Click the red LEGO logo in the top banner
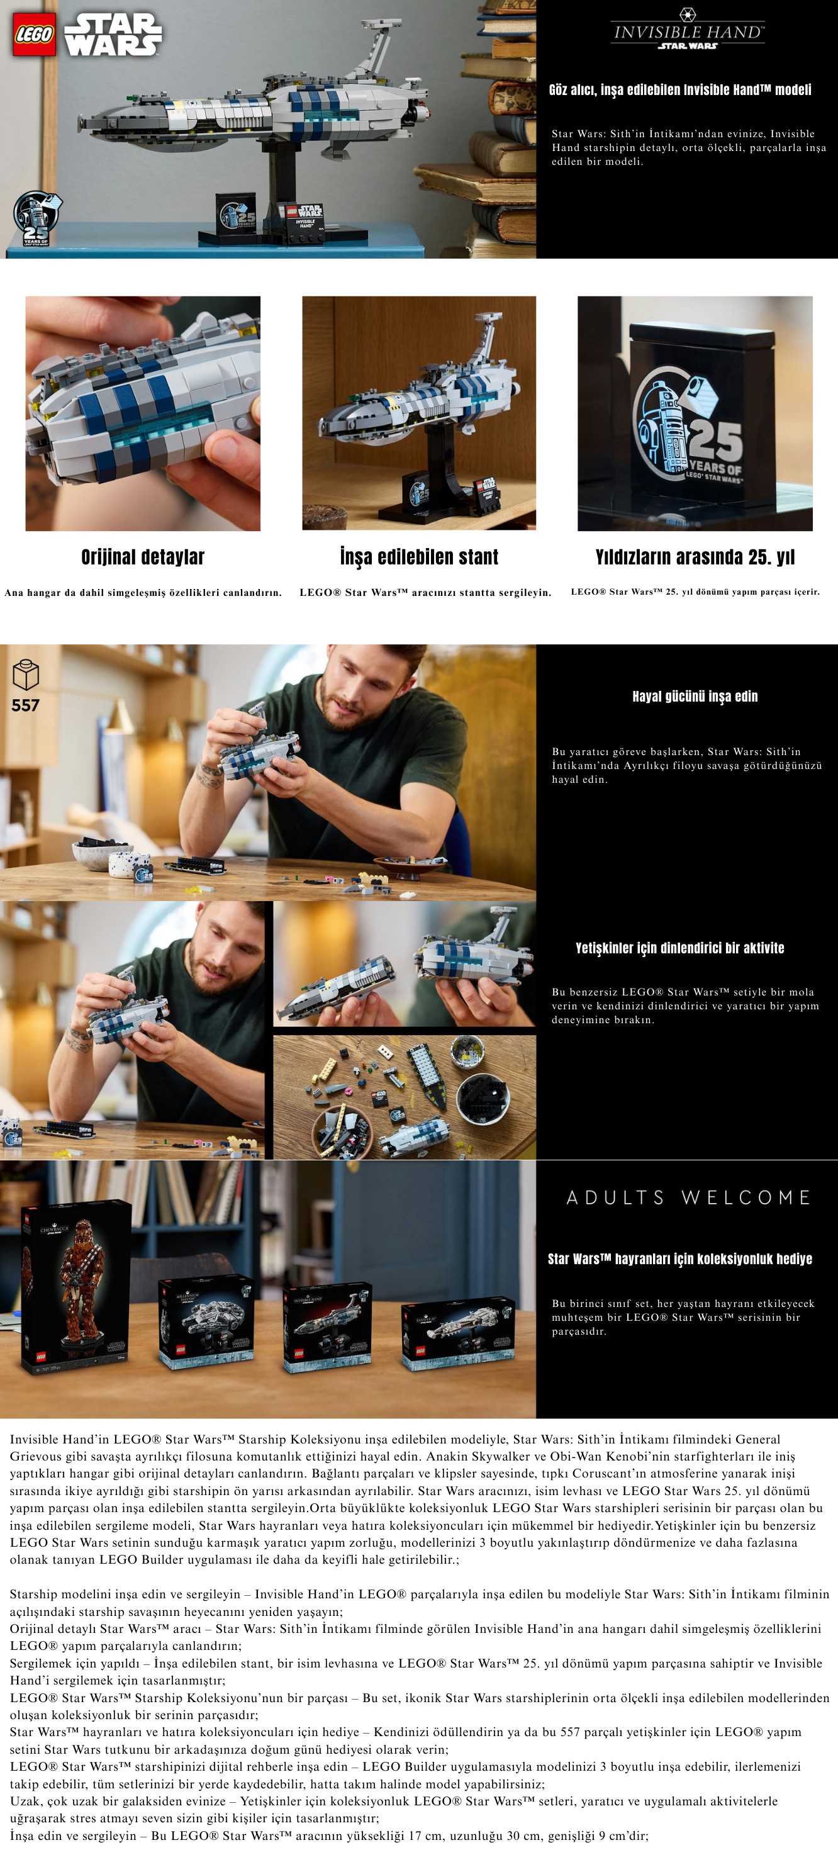click(35, 35)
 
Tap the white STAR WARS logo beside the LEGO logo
click(113, 35)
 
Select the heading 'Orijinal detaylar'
click(143, 557)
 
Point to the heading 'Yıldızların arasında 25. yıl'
click(695, 557)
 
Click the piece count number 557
click(25, 705)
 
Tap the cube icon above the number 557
click(26, 675)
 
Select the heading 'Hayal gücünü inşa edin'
click(695, 696)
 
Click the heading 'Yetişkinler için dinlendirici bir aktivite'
click(680, 948)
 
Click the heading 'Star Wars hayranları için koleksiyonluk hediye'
click(680, 1259)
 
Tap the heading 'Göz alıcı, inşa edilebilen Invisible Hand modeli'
click(680, 90)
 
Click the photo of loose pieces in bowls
click(405, 1097)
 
